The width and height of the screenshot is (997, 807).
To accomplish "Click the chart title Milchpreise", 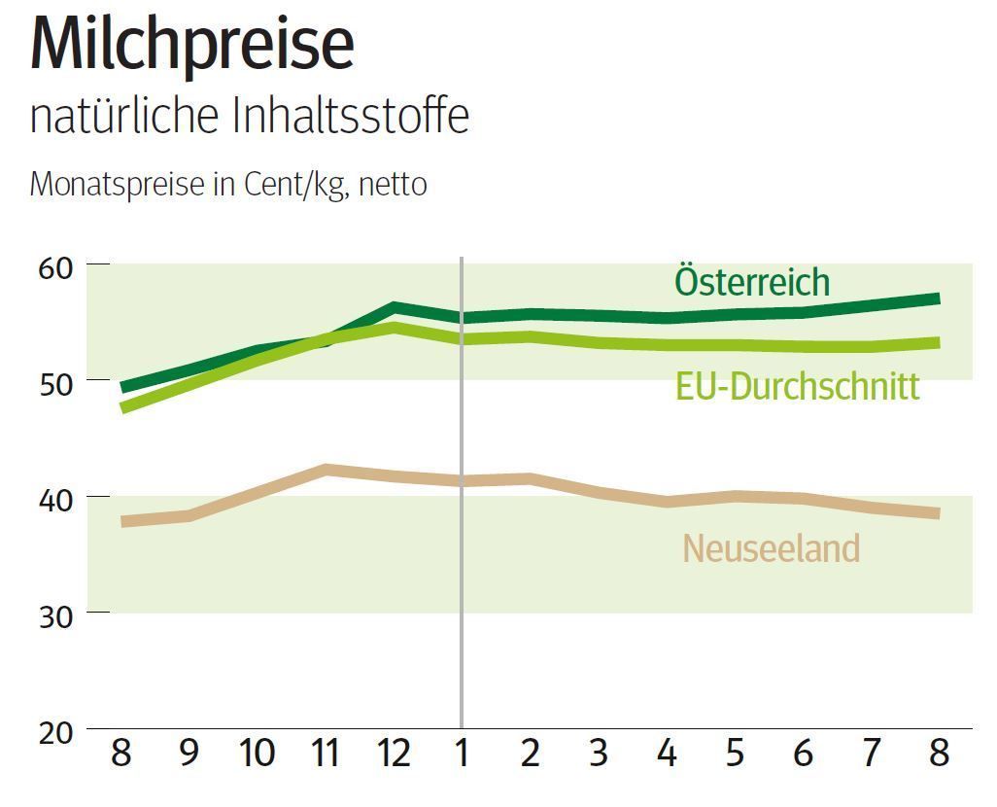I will [x=191, y=44].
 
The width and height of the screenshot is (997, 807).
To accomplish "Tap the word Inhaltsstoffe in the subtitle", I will [x=351, y=117].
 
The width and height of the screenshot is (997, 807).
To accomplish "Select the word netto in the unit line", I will [x=393, y=184].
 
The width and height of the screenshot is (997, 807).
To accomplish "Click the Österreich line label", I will [x=752, y=282].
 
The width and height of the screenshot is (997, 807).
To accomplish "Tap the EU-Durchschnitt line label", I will [x=797, y=386].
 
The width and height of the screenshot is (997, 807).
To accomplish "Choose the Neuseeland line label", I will [x=771, y=548].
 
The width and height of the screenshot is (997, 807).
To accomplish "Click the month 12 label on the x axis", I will [x=393, y=754].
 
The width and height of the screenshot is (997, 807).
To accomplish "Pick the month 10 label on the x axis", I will [x=257, y=754].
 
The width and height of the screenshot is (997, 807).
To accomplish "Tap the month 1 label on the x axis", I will [x=462, y=754].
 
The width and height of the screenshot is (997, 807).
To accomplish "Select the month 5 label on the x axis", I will [x=734, y=754].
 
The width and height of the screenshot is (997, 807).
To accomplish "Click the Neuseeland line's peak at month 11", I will [x=326, y=470].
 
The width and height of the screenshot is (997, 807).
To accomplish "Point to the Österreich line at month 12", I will [x=394, y=308].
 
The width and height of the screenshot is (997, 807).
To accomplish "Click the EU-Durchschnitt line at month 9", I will [x=189, y=384].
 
